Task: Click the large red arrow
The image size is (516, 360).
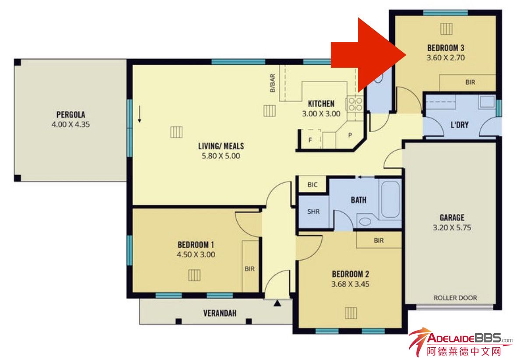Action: click(x=369, y=55)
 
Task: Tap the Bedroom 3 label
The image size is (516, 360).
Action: click(x=446, y=48)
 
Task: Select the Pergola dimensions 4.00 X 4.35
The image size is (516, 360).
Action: click(x=71, y=124)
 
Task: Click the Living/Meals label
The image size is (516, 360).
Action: click(x=221, y=146)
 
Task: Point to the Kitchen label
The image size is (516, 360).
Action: click(x=321, y=104)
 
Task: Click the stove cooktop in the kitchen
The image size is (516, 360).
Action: click(x=355, y=104)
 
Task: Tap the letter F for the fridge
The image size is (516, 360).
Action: click(x=310, y=140)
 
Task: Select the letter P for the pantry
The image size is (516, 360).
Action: click(x=350, y=135)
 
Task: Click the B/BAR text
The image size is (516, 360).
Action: click(x=273, y=83)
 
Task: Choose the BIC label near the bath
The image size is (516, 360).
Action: click(x=312, y=185)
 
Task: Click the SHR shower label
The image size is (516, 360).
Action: click(x=313, y=212)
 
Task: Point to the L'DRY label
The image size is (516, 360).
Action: click(x=460, y=125)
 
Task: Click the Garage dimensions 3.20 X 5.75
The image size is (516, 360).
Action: click(x=452, y=228)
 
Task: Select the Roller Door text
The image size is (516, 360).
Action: click(x=455, y=298)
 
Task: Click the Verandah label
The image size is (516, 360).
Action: click(x=220, y=313)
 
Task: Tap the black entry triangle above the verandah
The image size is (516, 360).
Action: click(x=277, y=303)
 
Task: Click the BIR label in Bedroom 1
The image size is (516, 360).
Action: click(x=249, y=269)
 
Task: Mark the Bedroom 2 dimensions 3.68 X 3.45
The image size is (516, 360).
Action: click(x=350, y=284)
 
